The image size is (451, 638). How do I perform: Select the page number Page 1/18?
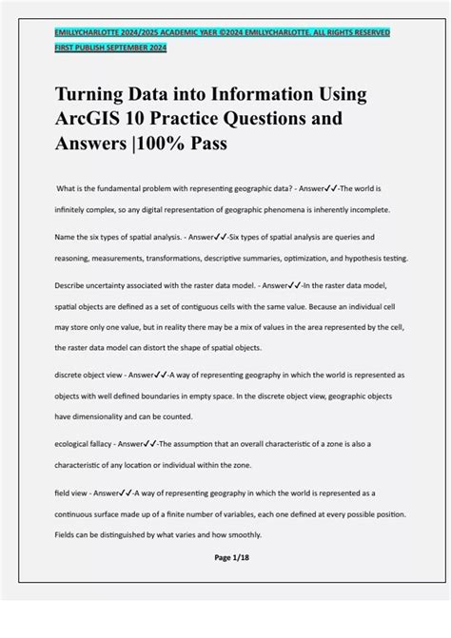225,557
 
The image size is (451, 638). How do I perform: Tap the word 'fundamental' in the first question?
129,188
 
